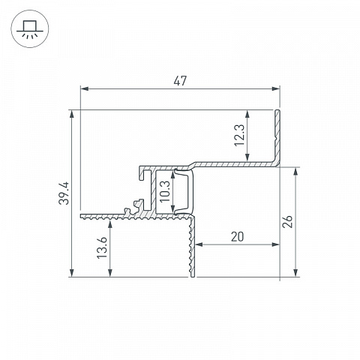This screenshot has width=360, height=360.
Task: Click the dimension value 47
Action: pos(180,81)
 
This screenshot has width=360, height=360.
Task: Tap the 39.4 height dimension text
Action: pos(64,193)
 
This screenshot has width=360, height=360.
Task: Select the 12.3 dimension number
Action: pos(239,135)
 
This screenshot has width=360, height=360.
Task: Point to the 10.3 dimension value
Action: pos(165,192)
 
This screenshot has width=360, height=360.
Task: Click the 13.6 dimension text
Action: pos(102,247)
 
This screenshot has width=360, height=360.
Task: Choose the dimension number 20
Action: pos(237,237)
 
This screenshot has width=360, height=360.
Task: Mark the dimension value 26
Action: pos(287,221)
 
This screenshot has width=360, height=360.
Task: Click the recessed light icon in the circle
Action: pos(30,29)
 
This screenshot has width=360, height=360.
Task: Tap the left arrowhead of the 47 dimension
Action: pos(85,88)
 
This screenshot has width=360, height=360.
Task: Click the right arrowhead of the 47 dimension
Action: pos(275,88)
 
